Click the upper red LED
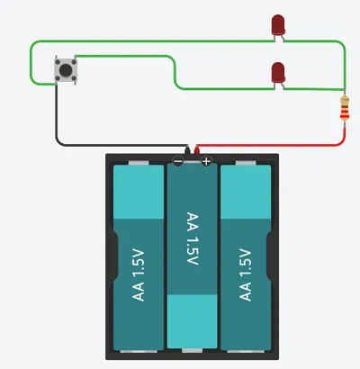point(278,24)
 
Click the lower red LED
point(278,73)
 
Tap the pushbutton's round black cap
point(66,69)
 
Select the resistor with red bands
point(345,109)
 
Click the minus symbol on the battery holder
point(177,162)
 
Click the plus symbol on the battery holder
point(206,162)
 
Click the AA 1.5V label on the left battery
point(139,275)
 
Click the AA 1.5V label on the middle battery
point(193,238)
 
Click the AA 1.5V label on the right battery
point(246,274)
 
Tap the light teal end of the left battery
point(139,192)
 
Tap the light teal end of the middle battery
point(192,321)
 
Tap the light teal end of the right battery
point(246,192)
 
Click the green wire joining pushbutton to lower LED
point(175,72)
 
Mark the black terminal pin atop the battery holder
point(188,149)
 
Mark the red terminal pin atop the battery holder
point(196,149)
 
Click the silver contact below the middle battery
point(192,351)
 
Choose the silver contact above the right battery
point(246,163)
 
